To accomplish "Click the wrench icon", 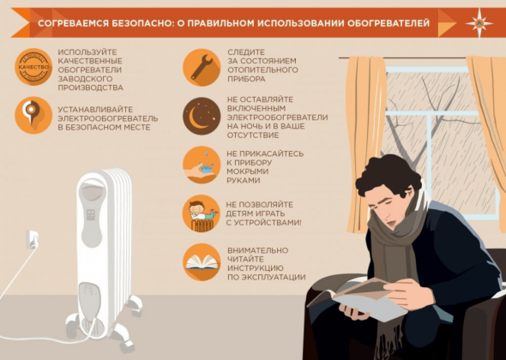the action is coord(202,67).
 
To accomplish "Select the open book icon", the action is coord(202,262).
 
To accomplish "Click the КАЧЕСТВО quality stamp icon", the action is coord(33,67).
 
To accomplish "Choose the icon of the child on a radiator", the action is coord(202,213).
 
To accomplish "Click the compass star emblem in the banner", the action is coord(479,23).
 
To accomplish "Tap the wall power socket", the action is coord(33,239).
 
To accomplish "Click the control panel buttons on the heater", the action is coord(91,214).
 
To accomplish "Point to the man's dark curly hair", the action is coord(389,174).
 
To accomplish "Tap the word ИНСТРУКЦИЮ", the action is coord(256,268).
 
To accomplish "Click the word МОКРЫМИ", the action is coord(248,171).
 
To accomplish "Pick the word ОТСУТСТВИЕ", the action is coord(253,135).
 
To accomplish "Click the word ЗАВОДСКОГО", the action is coord(85,79).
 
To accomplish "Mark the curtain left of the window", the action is coord(365,143).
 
